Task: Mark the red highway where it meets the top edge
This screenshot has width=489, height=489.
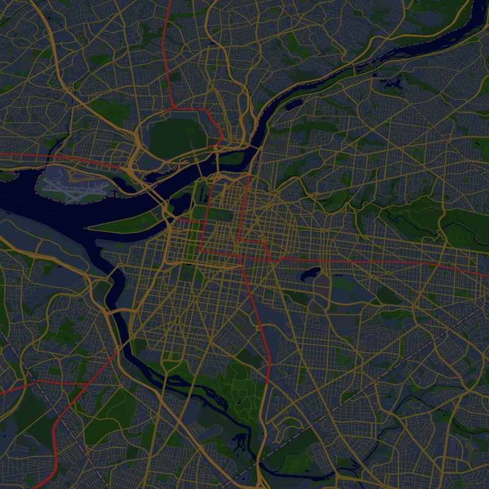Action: [170, 2]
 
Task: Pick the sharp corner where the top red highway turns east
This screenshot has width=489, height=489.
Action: [173, 109]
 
